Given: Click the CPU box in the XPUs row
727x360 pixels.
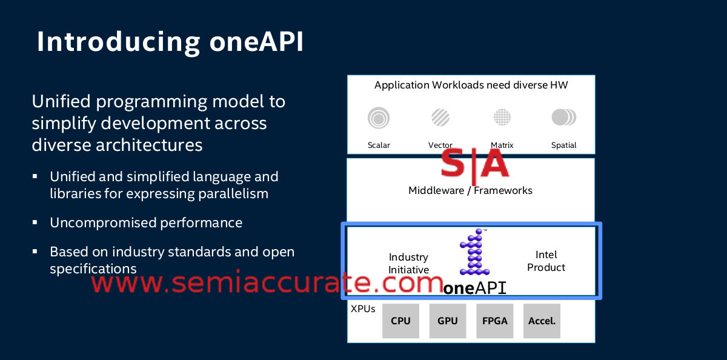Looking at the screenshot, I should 400,321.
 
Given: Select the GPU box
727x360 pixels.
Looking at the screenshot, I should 448,321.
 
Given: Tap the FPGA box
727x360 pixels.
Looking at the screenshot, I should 495,321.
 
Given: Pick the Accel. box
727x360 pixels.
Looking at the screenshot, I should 542,321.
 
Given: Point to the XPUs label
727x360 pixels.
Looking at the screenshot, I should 363,309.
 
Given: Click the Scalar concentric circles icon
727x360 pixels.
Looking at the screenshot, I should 379,118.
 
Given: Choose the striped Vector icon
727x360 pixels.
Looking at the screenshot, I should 440,117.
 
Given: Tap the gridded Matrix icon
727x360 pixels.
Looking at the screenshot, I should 502,117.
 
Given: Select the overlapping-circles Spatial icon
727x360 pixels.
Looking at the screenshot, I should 563,117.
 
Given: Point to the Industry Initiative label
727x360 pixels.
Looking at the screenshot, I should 408,264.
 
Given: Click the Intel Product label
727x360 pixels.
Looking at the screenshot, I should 546,261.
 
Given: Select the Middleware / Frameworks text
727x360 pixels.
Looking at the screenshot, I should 470,190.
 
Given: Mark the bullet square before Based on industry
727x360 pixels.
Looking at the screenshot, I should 36,250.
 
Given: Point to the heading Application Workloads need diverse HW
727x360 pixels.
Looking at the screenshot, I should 471,85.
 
